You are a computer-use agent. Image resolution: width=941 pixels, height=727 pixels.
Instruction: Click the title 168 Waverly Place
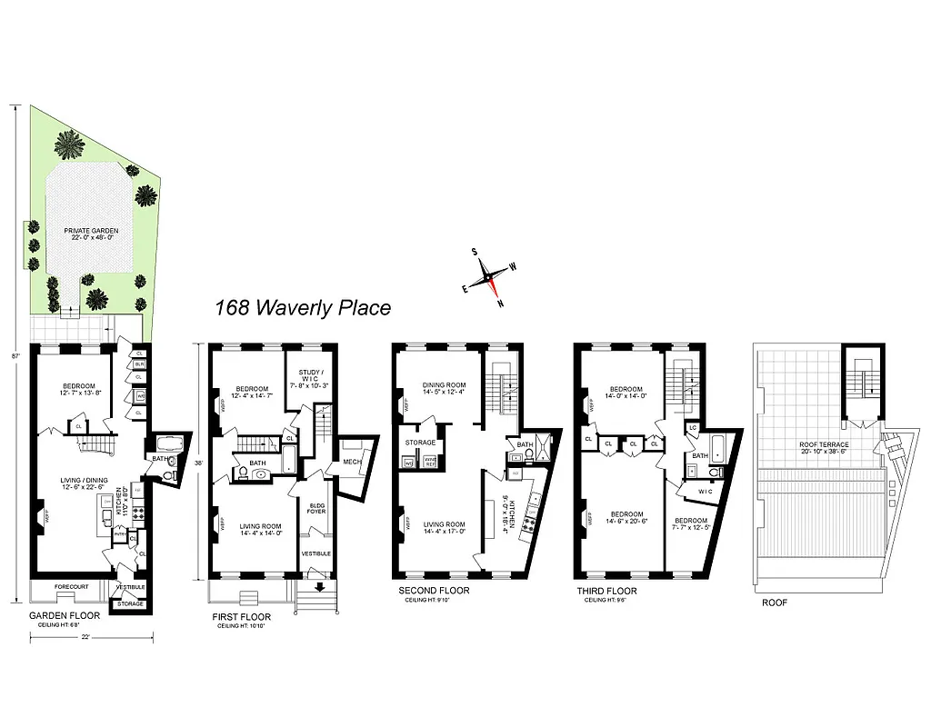303,308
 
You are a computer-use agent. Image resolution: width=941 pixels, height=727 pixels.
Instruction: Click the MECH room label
352,461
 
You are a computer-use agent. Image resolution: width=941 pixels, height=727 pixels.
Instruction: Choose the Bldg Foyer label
317,509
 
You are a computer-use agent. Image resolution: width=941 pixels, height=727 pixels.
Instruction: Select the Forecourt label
71,587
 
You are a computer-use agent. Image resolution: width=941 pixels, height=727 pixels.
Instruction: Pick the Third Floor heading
607,591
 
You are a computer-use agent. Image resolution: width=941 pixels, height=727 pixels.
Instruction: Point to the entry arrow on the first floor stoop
317,587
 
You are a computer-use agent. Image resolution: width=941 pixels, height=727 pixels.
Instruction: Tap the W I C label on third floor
704,491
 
